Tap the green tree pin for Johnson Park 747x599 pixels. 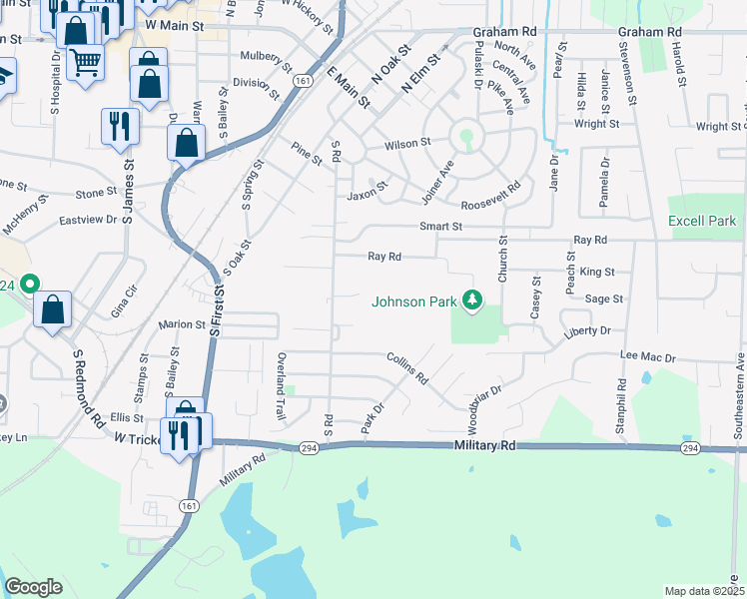click(474, 299)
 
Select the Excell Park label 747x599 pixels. click(701, 221)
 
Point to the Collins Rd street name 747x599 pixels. click(407, 367)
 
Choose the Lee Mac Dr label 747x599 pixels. click(648, 356)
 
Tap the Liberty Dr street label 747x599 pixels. click(586, 329)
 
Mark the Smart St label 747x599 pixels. click(440, 227)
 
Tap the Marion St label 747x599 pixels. click(182, 324)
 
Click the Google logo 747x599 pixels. click(33, 587)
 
